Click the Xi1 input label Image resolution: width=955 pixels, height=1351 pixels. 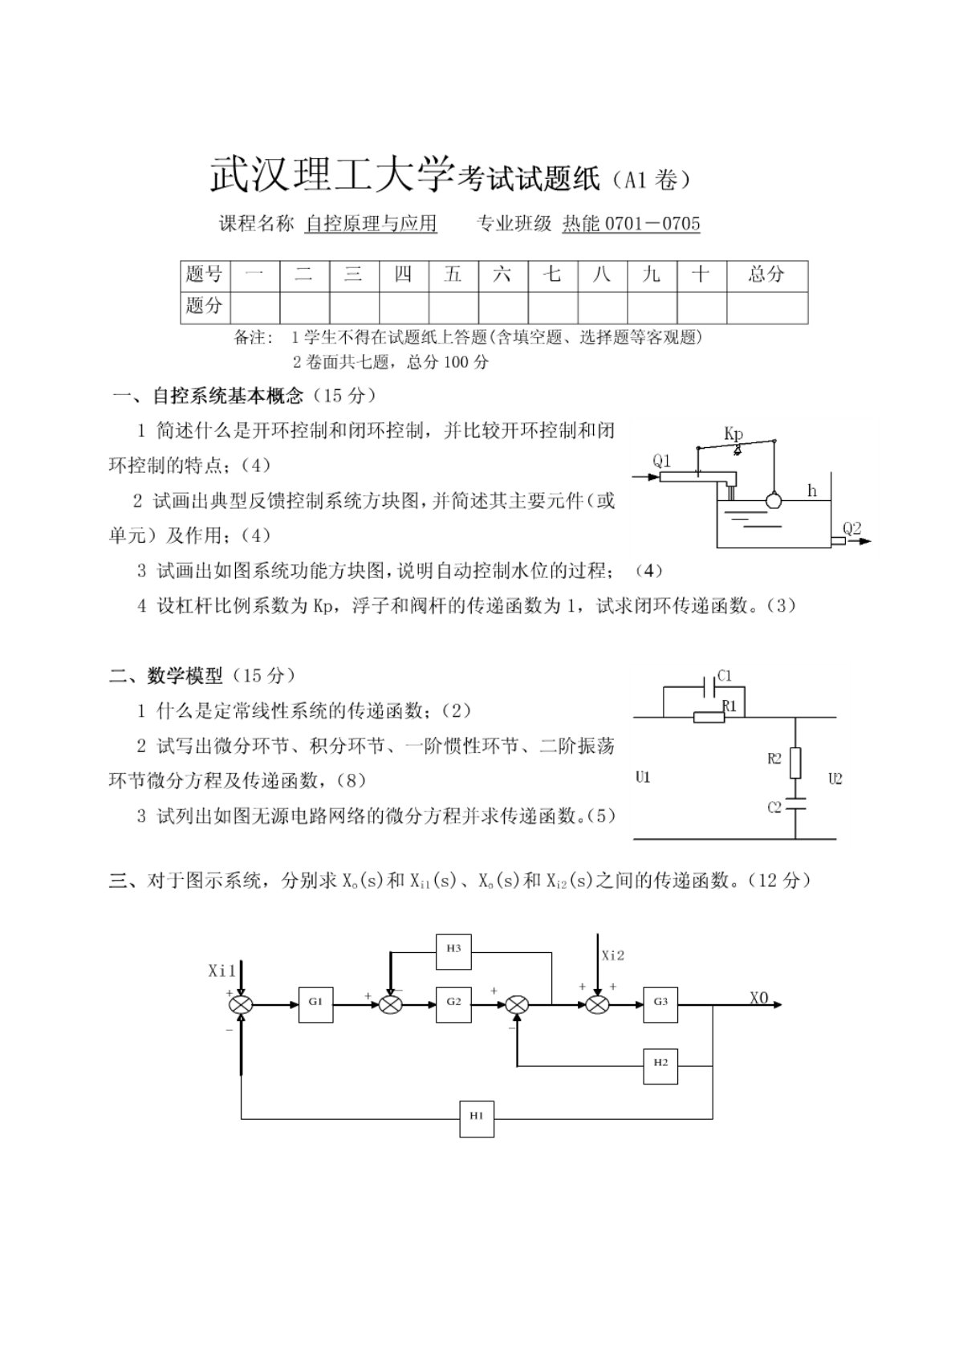click(222, 971)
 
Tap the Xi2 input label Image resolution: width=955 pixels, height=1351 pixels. click(613, 955)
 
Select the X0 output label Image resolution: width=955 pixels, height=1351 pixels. click(759, 998)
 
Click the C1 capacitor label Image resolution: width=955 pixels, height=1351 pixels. click(724, 676)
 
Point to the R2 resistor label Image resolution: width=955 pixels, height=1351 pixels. click(774, 759)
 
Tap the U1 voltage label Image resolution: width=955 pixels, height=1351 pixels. click(642, 777)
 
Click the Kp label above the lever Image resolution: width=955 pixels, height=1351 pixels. click(733, 433)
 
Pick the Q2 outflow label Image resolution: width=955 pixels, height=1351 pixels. click(851, 527)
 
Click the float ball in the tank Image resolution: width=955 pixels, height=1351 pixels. click(774, 500)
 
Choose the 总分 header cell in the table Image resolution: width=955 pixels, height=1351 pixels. click(766, 275)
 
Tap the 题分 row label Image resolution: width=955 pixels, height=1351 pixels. click(205, 306)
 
